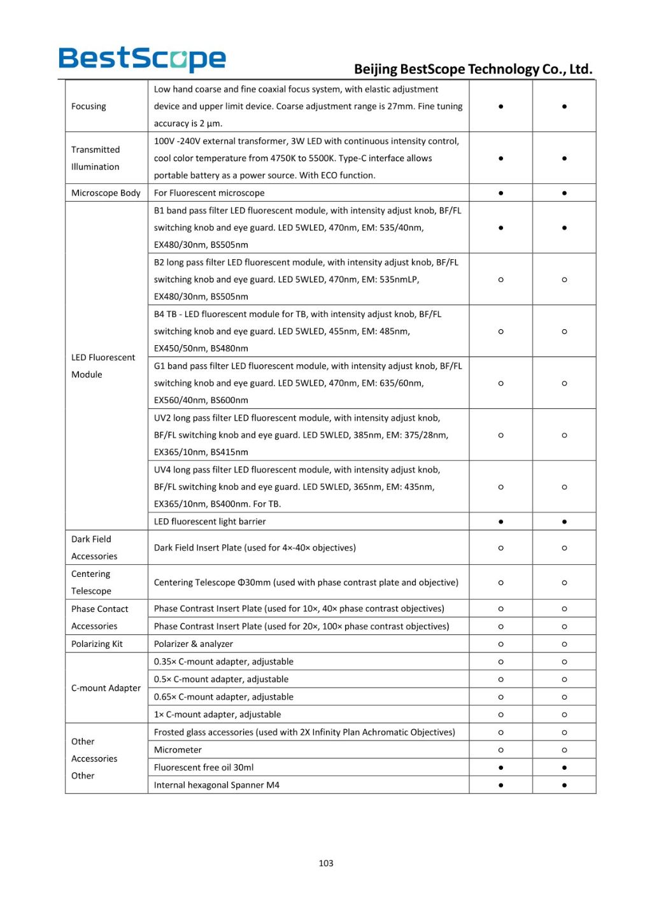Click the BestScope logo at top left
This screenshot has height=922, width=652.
coord(142,59)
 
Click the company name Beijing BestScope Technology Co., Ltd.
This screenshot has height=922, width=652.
coord(473,69)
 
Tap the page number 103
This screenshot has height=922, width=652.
coord(325,863)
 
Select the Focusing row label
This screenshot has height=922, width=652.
coord(89,106)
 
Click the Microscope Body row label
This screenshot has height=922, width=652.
coord(106,193)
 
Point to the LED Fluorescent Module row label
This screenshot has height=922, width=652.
coord(103,366)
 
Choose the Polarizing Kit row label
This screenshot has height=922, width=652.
coord(97,644)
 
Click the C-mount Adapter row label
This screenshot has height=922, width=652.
coord(106,688)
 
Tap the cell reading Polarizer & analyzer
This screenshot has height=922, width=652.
coord(194,644)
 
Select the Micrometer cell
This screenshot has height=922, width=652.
coord(178,750)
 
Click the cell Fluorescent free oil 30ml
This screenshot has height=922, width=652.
coord(204,767)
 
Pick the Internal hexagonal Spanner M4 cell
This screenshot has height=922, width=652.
coord(216,785)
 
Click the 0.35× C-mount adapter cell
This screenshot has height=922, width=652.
coord(223,662)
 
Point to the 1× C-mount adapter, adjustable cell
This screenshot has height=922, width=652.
coord(217,714)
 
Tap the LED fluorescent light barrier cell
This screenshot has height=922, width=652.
coord(209,521)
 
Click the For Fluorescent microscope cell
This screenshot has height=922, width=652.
coord(209,193)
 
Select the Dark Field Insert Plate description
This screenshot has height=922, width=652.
coord(255,548)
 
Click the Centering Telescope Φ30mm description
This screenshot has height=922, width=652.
coord(306,583)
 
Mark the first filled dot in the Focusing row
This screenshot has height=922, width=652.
coord(500,106)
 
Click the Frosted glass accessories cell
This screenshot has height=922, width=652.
coord(304,732)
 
